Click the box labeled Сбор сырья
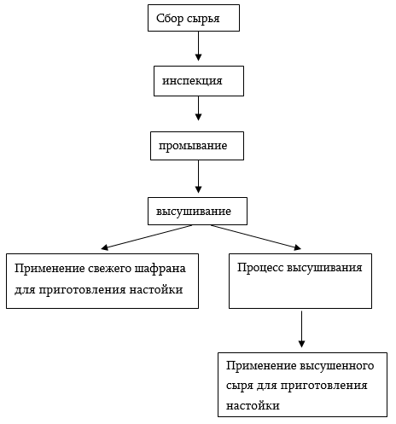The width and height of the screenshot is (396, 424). (193, 18)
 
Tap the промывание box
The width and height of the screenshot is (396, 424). (197, 145)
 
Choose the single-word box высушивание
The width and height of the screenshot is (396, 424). (197, 210)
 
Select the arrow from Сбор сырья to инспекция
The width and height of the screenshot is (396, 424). (198, 46)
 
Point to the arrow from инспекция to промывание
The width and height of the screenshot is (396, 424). (198, 108)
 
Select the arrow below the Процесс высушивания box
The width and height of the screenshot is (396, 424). (301, 329)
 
